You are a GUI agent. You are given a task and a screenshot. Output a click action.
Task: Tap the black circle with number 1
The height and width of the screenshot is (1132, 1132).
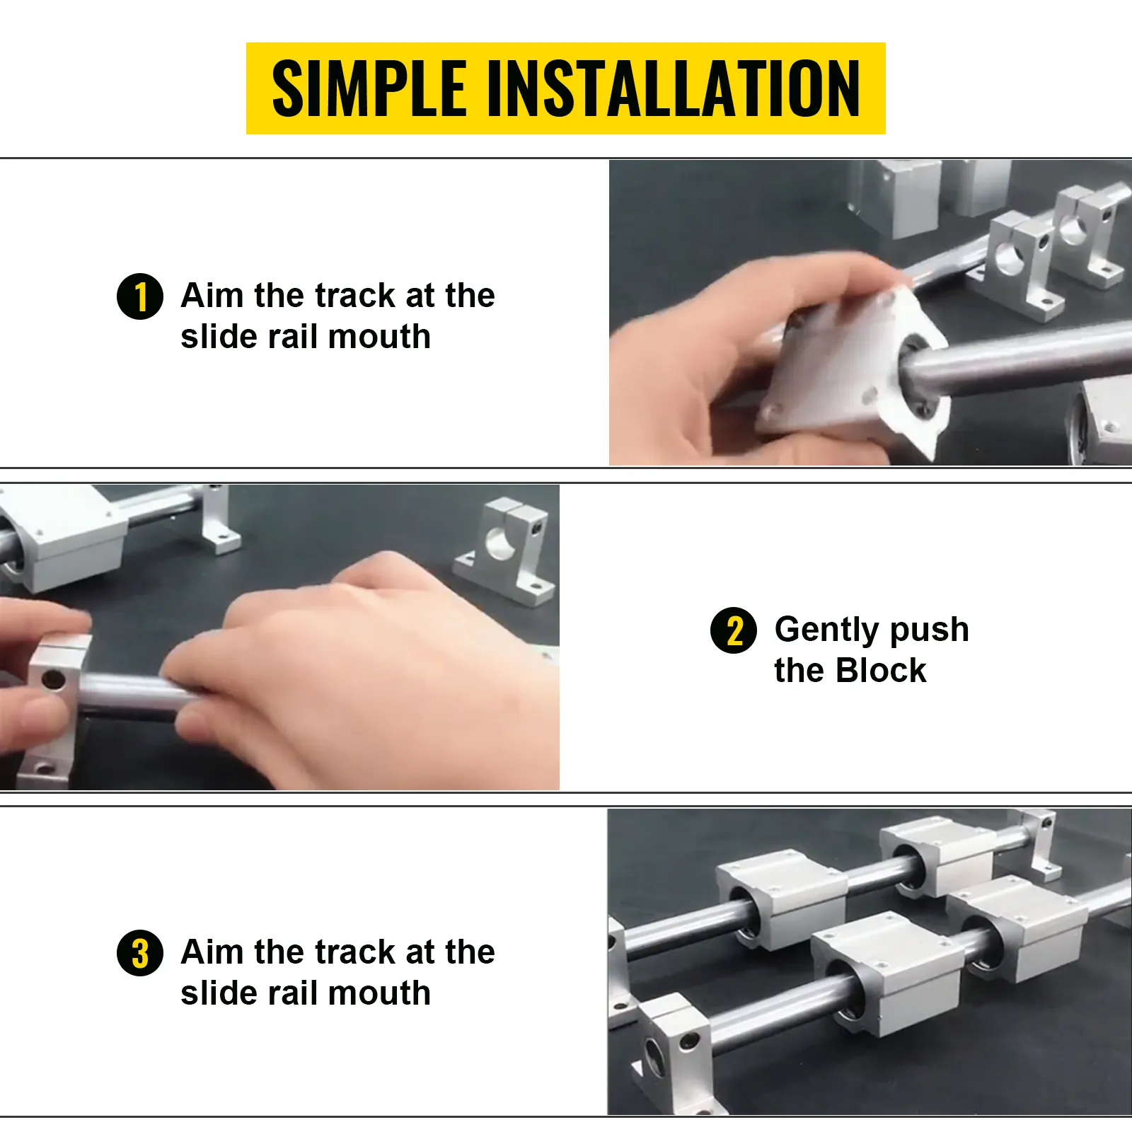(140, 296)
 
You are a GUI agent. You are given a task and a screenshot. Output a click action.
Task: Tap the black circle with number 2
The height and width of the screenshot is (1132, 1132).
(734, 630)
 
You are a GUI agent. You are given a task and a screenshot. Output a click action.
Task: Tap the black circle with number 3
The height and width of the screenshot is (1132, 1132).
(140, 953)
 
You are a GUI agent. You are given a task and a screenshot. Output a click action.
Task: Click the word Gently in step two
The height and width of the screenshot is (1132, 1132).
(826, 630)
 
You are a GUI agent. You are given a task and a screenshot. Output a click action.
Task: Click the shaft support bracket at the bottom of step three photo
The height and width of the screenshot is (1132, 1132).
(672, 1047)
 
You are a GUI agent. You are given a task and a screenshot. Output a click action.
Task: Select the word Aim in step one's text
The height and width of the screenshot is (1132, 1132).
(212, 296)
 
